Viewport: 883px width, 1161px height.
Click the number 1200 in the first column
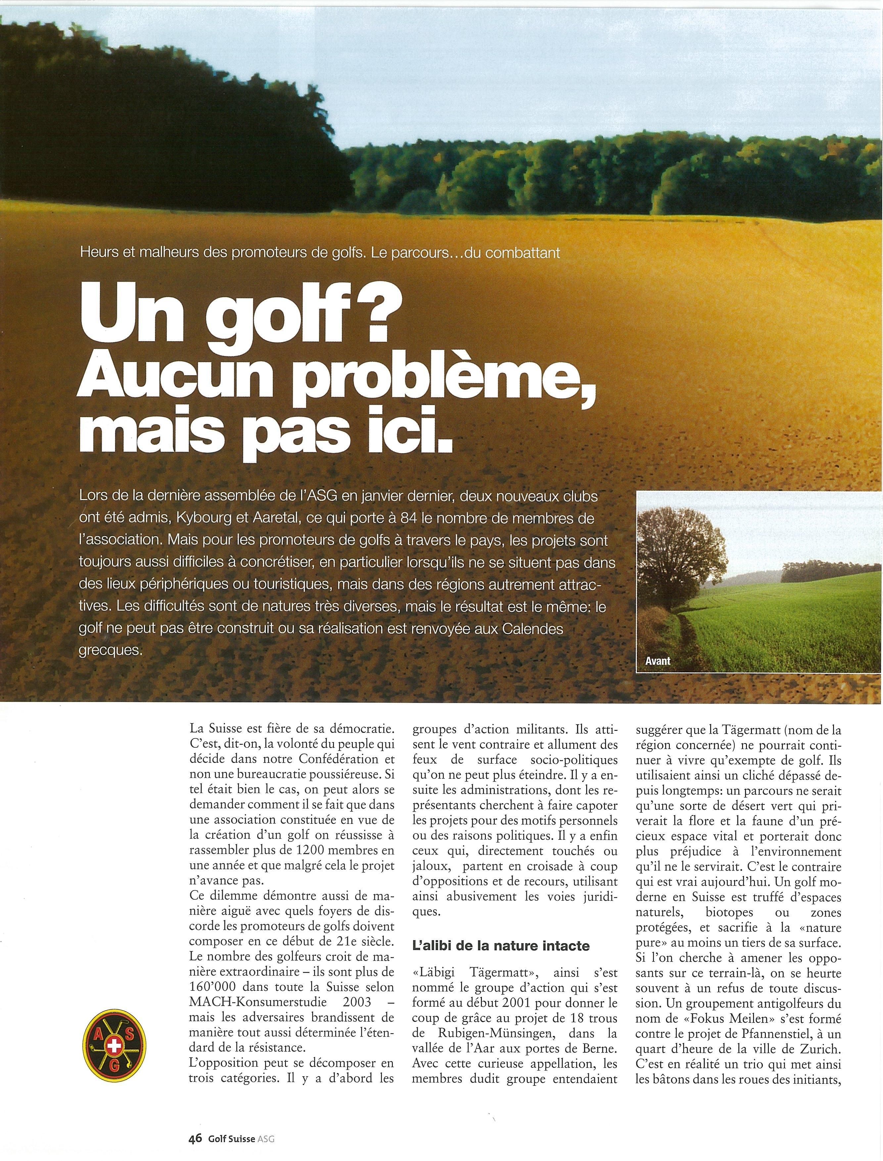pyautogui.click(x=298, y=850)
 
